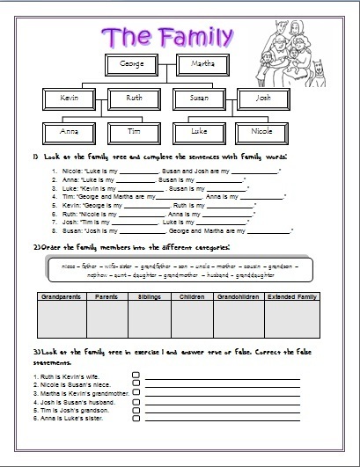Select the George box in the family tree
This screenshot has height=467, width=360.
(132, 64)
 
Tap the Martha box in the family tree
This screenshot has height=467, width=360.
(204, 64)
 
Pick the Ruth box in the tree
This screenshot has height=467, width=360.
(134, 99)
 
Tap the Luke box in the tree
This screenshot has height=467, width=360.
(202, 131)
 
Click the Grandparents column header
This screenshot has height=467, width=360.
(60, 298)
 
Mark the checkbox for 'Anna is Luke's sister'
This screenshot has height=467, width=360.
(136, 418)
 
